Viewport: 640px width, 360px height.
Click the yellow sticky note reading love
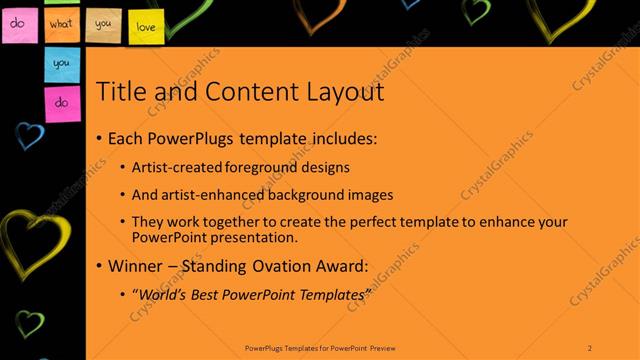pos(145,25)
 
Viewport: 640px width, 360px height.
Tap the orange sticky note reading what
pos(61,21)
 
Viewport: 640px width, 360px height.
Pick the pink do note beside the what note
pos(18,22)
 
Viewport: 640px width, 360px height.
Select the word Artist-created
pos(171,167)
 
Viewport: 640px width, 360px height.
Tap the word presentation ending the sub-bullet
pos(250,238)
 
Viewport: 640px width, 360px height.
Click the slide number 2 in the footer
pos(590,347)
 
